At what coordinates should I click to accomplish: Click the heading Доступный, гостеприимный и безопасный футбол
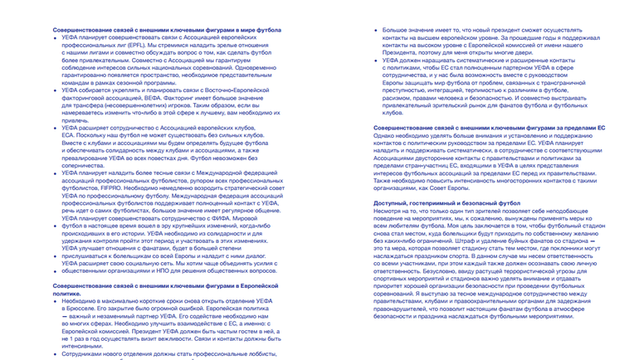pos(435,202)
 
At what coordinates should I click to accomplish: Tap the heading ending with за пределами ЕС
pos(489,128)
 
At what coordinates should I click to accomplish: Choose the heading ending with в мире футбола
pos(167,30)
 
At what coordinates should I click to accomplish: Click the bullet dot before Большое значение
pos(376,31)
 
